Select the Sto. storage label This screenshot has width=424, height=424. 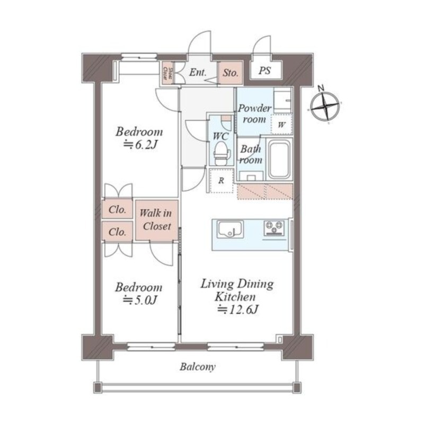231,73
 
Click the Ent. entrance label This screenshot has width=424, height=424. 198,73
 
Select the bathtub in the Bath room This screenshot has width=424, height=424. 279,160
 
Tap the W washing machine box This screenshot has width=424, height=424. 281,125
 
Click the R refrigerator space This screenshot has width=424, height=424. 221,180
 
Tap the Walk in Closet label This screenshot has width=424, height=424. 155,220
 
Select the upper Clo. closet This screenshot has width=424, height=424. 118,209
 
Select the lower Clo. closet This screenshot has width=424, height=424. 118,232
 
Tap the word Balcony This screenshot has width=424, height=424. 197,367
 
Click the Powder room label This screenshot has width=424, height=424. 254,113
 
